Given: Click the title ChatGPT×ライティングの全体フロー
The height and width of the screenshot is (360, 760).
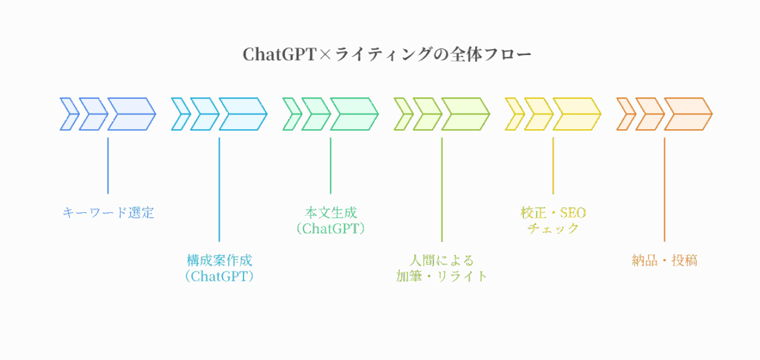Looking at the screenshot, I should click(x=387, y=55).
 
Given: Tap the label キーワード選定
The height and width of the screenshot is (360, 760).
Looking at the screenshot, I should click(x=108, y=212).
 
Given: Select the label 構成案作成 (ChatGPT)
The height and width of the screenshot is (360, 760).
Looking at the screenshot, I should click(x=219, y=268).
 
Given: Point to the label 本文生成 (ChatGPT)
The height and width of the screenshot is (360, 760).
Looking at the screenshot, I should click(x=330, y=220).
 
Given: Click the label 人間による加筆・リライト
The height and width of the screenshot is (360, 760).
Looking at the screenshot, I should click(x=442, y=268).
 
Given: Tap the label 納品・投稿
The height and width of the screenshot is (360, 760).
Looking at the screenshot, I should click(x=664, y=261).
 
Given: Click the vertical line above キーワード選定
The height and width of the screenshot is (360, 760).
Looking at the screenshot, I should click(x=108, y=165).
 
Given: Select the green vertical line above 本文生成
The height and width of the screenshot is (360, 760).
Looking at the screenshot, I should click(x=330, y=165).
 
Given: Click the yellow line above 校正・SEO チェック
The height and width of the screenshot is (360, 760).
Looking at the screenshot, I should click(x=553, y=165).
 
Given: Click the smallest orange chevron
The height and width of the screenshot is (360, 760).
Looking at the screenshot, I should click(x=626, y=114).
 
